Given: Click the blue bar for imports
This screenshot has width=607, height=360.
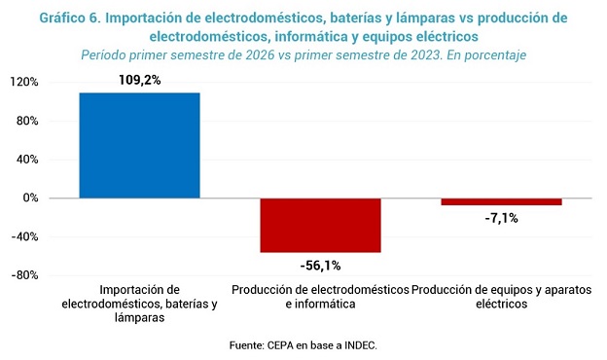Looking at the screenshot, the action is pos(140,146).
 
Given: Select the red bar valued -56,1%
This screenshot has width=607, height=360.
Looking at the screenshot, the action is pos(321,226).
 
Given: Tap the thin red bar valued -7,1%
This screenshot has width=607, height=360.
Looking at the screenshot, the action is pos(501,201).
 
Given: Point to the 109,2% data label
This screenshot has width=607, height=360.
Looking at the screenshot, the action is pos(140,80).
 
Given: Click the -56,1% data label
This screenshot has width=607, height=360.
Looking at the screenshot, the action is pos(321,266).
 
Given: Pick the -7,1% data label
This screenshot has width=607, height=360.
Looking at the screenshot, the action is pos(501,218).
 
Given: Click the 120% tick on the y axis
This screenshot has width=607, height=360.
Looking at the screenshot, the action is pos(24,82).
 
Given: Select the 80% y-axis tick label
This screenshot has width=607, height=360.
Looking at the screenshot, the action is pos(27,122).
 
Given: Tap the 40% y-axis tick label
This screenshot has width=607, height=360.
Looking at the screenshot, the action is pos(27,160).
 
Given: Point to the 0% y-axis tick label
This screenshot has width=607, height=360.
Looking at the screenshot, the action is pos(30,198).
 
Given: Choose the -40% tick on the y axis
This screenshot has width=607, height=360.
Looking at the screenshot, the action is pos(24,236).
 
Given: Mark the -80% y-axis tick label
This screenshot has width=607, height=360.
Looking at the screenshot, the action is pos(24,275).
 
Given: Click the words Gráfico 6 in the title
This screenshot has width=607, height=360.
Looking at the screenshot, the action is pos(70,18).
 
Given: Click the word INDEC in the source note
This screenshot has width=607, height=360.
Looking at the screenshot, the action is pos(360,345).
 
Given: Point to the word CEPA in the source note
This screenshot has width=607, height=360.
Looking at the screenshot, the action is pos(280,345).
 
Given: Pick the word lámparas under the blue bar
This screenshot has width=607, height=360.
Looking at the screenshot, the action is pos(140,318).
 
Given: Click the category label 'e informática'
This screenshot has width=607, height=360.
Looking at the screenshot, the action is pos(321,304).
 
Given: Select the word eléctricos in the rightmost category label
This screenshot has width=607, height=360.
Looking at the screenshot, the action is pos(502,304).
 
